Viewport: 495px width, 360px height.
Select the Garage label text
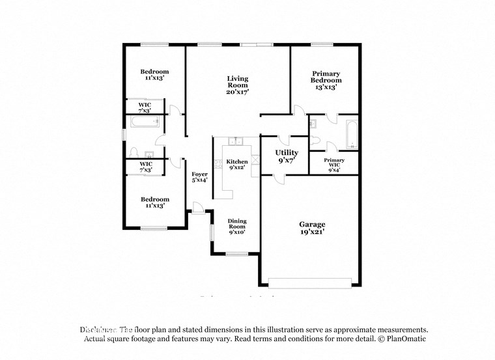311,225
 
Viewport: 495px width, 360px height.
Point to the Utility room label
287,152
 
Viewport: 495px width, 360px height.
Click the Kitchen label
236,161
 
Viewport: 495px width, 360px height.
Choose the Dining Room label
236,225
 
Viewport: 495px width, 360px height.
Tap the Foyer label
199,174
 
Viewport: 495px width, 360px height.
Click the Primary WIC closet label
334,163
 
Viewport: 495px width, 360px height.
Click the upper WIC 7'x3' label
145,107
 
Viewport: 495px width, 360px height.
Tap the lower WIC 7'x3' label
145,167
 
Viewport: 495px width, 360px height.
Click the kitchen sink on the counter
236,141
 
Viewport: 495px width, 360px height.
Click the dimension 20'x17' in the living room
237,92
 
